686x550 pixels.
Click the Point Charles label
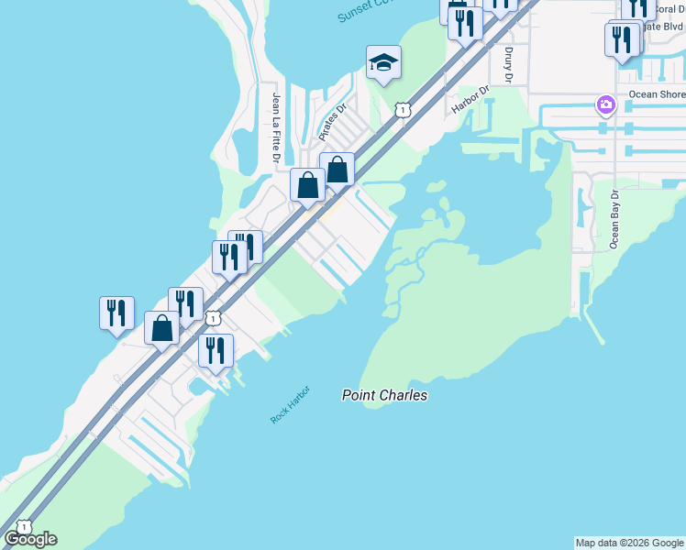coord(384,395)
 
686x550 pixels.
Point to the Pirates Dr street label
coord(332,122)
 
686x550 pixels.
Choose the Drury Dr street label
coord(508,64)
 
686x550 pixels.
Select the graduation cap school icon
coord(383,62)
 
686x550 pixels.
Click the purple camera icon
coord(605,104)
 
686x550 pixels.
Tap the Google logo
coord(30,539)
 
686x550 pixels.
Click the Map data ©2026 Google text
coord(629,543)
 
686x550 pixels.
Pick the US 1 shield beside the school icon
coord(402,110)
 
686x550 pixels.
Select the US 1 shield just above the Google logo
coord(23,528)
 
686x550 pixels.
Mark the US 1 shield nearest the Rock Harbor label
coord(213,318)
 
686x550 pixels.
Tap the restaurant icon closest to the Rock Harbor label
coord(216,350)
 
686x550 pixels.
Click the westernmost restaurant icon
coord(116,313)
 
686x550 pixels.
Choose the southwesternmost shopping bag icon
coord(162,328)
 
